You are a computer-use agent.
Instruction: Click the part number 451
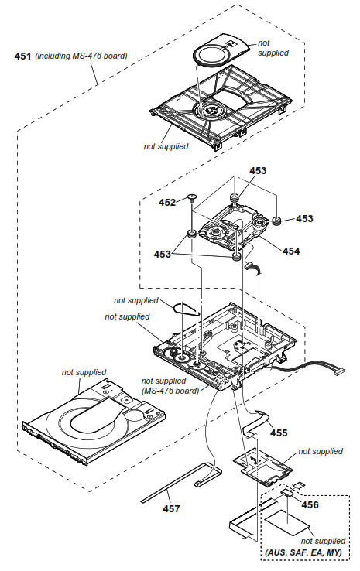24,56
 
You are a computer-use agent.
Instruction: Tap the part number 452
168,202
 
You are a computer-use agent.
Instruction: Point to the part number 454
290,251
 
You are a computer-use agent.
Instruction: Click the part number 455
278,433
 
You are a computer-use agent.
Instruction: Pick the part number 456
310,504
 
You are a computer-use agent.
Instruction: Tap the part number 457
171,508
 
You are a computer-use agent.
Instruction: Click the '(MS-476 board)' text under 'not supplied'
170,391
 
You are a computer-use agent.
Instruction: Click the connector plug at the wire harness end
338,374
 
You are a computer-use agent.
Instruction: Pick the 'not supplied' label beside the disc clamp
273,47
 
